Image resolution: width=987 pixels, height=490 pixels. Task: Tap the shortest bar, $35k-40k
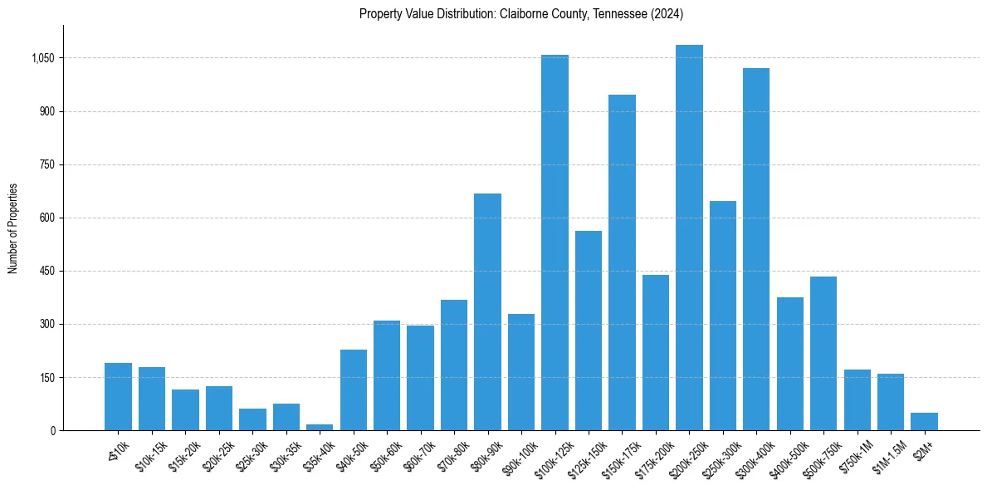click(320, 427)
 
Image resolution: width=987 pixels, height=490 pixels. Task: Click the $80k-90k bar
click(487, 311)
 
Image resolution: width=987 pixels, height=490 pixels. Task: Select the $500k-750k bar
click(823, 353)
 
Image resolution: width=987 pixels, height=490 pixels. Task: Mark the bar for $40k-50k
click(354, 390)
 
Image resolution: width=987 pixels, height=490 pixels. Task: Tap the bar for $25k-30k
click(252, 419)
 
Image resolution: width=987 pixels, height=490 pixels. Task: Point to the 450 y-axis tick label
click(46, 271)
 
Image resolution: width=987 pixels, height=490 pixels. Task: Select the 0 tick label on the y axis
click(51, 430)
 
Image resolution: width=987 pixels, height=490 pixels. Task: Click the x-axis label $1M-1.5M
click(888, 453)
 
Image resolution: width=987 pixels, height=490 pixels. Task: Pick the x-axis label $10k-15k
click(150, 453)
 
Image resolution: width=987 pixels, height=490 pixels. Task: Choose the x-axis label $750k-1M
click(855, 453)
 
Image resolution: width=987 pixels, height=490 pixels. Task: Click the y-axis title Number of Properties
click(13, 228)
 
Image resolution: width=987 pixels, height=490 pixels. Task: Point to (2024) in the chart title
click(662, 14)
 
